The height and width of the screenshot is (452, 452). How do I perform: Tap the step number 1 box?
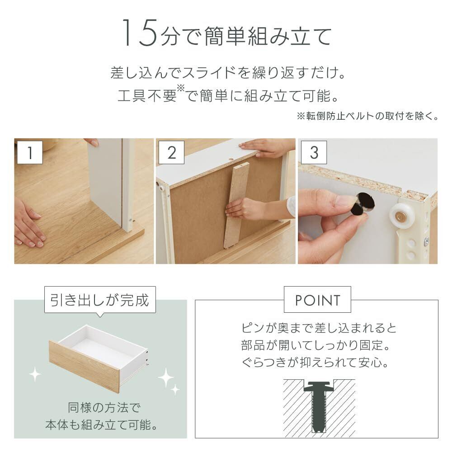click(30, 152)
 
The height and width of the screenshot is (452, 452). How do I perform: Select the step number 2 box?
click(171, 152)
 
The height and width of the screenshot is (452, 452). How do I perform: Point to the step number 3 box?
click(314, 152)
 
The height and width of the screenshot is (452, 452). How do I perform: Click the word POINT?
click(317, 301)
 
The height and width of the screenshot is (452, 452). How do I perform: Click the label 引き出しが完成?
click(100, 300)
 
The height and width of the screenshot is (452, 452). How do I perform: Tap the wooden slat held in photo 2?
click(236, 205)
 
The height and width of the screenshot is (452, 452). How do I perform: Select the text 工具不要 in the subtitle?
click(147, 95)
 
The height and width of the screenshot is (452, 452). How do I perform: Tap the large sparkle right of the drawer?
click(166, 377)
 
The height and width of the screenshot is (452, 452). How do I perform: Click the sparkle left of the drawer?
click(35, 374)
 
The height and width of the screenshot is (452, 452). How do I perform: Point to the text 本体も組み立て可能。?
click(101, 424)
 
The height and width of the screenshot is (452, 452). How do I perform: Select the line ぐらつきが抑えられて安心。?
click(315, 362)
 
